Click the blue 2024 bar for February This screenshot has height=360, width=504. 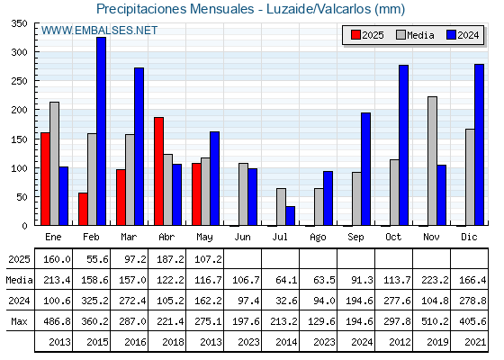101,131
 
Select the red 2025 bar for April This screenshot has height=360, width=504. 158,171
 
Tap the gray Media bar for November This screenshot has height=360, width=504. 432,161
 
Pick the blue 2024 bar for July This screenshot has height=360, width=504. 290,216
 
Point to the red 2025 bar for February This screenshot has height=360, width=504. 83,209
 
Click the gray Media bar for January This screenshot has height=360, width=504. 54,164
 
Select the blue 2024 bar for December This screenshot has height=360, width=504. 479,145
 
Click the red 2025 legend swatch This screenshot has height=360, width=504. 355,35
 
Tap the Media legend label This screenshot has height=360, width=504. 420,35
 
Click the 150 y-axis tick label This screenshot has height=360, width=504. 19,139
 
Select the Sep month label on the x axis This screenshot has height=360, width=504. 355,238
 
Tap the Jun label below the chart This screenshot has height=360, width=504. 242,238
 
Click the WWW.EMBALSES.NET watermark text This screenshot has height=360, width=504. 99,31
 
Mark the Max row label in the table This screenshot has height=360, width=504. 19,321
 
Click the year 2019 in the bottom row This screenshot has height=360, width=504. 437,342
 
